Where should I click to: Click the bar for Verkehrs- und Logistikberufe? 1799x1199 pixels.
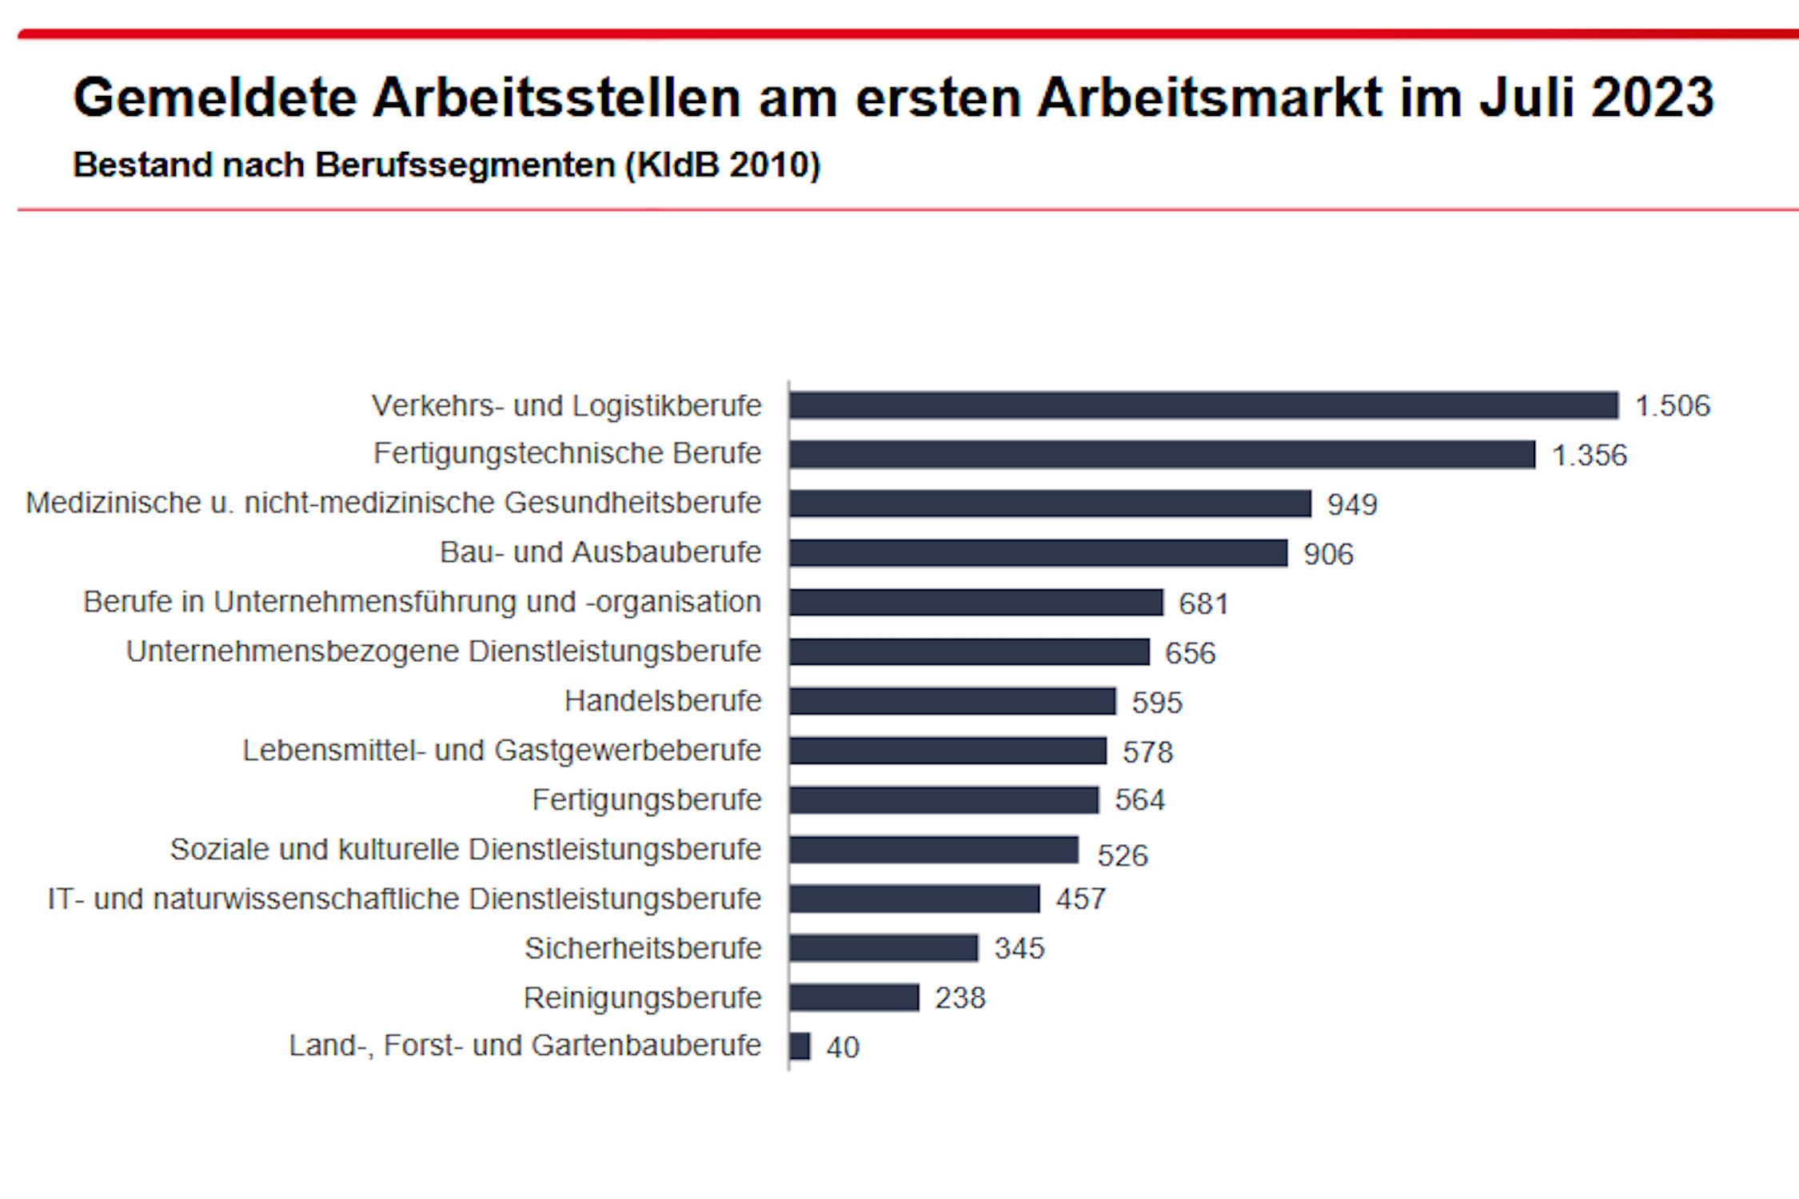[1203, 405]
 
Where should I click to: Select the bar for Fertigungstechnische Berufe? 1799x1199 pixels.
[1162, 454]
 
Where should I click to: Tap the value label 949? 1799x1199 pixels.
[1352, 504]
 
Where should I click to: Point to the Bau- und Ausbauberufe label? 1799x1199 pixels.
[600, 552]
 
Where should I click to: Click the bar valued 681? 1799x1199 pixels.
[975, 603]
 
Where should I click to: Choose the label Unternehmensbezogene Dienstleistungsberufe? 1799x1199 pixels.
[443, 651]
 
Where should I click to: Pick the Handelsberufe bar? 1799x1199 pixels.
[951, 701]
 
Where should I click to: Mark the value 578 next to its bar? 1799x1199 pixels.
[1147, 752]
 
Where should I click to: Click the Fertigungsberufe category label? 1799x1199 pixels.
[646, 800]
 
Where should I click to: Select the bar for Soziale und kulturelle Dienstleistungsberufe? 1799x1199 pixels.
[933, 850]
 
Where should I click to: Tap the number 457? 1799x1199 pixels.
[1080, 899]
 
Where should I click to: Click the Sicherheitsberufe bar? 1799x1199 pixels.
[883, 948]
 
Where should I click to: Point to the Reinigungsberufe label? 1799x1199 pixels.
[642, 998]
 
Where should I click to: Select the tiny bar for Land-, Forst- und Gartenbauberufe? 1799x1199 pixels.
[800, 1046]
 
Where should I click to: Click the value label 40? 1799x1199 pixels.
[843, 1048]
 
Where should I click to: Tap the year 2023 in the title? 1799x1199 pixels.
[1652, 98]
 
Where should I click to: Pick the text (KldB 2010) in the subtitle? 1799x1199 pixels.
[723, 165]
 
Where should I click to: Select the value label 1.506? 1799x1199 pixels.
[1672, 406]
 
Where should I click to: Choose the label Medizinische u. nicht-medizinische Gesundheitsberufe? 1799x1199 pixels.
[393, 503]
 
